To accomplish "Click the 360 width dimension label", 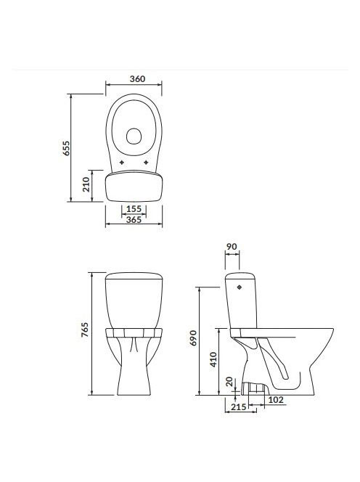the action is click(x=137, y=78).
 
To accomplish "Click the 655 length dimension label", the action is click(x=67, y=148).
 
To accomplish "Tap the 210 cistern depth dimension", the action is click(x=86, y=184).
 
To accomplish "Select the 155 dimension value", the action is click(x=134, y=209).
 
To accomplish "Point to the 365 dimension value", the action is click(x=134, y=219).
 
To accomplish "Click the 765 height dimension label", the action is click(x=85, y=330).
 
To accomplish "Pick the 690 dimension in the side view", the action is click(x=193, y=338).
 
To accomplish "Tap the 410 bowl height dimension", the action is click(x=213, y=359).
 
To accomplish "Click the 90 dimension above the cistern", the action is click(x=232, y=247).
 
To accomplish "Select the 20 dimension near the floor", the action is click(x=229, y=382).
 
